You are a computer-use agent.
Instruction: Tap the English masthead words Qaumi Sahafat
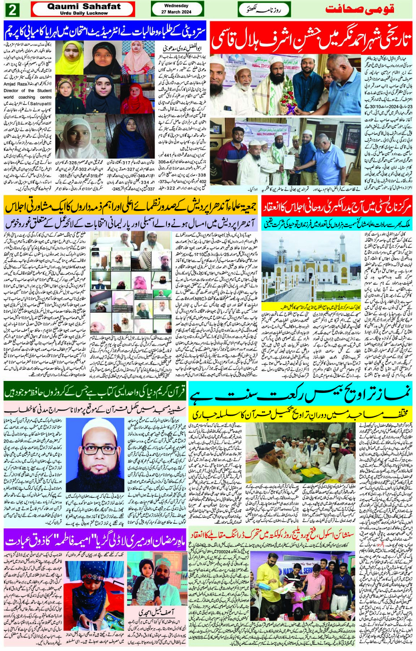pyautogui.click(x=84, y=6)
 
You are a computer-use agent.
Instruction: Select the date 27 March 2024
pyautogui.click(x=176, y=12)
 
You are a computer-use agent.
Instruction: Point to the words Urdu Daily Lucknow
pyautogui.click(x=84, y=13)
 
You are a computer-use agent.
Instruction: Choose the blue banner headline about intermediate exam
pyautogui.click(x=105, y=31)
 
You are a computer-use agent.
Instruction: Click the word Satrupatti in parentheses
pyautogui.click(x=40, y=104)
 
